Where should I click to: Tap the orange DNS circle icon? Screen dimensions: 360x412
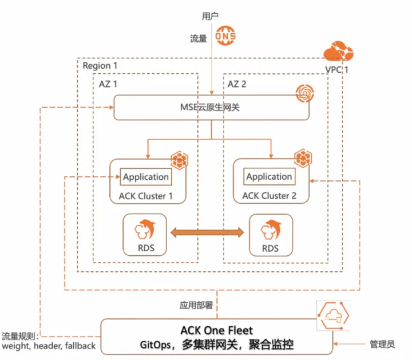[x=225, y=36]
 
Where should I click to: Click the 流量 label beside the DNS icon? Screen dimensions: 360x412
[x=199, y=38]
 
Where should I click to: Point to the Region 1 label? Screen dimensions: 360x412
[x=104, y=66]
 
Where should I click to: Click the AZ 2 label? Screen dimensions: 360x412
[x=239, y=84]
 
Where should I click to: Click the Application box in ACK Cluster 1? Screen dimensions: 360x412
[x=146, y=177]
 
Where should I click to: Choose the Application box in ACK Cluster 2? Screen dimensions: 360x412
[x=269, y=177]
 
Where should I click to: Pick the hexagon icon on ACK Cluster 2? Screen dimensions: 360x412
[x=302, y=157]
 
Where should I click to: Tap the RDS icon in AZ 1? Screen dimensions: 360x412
[x=146, y=229]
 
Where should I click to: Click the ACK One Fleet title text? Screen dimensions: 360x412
[x=216, y=330]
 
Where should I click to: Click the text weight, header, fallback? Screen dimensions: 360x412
[x=49, y=346]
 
